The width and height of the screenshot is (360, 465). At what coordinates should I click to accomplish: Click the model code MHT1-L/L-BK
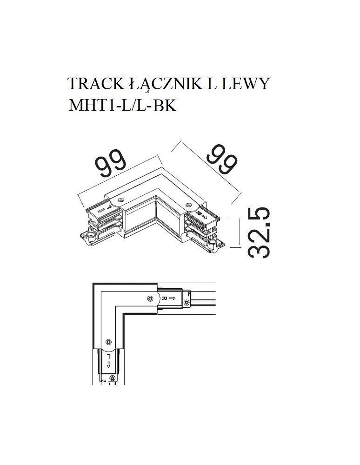click(x=122, y=106)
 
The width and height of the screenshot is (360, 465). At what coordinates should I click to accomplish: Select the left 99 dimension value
click(x=111, y=165)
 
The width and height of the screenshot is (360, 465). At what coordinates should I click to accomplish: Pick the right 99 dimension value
click(x=222, y=159)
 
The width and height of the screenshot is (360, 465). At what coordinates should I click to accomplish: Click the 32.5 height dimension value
click(x=258, y=232)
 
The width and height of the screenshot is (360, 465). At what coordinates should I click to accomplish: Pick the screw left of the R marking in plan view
click(x=149, y=298)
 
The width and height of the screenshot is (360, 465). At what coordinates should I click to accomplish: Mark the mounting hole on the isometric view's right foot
click(x=214, y=244)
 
